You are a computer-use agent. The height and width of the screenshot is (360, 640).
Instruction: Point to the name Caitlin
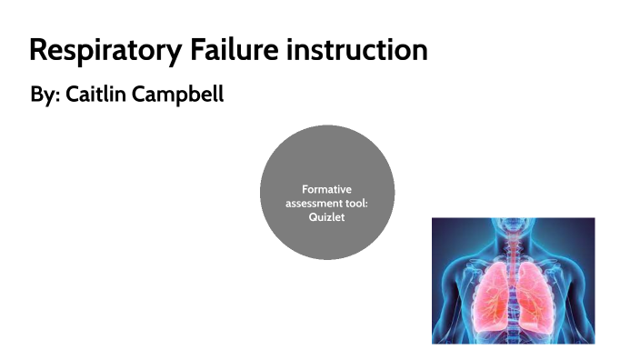point(96,95)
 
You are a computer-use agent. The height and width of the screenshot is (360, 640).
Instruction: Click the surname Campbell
point(178,95)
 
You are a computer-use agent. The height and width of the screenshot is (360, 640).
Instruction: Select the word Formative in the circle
point(326,189)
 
